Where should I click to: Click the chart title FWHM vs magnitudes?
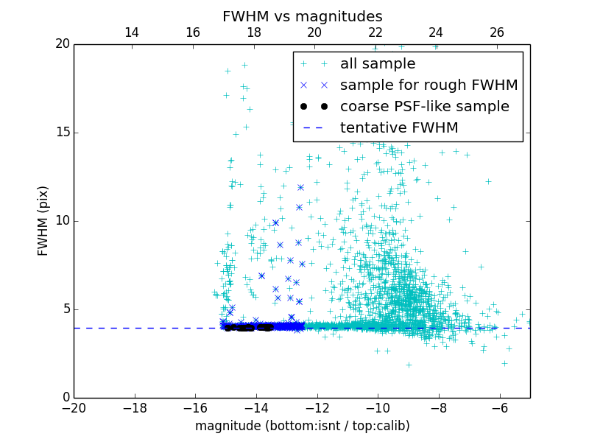[x=302, y=16]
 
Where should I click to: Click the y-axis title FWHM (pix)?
[x=43, y=221]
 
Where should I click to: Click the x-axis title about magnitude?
[x=302, y=426]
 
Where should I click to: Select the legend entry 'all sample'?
[x=378, y=64]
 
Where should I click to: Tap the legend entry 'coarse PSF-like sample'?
[x=424, y=107]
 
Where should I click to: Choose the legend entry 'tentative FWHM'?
[x=399, y=128]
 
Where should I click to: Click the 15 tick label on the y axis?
[x=62, y=133]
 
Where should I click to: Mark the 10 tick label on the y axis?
[x=62, y=221]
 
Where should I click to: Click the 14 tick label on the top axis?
[x=132, y=32]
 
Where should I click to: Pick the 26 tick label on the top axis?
[x=497, y=32]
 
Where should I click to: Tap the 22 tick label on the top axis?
[x=375, y=32]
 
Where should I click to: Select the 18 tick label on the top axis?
[x=253, y=32]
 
